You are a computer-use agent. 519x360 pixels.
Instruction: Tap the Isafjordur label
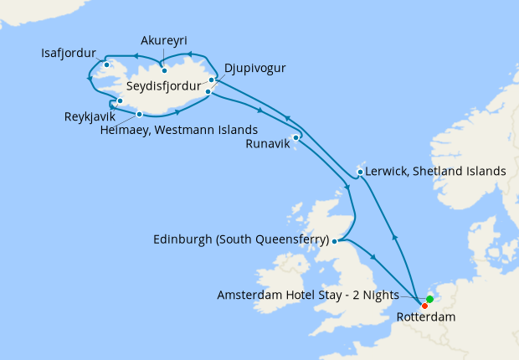[x=68, y=51]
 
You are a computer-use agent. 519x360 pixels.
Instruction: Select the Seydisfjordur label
[x=164, y=85]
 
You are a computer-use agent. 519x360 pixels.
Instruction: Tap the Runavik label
[x=266, y=144]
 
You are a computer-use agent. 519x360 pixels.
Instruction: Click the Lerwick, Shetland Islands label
[x=437, y=171]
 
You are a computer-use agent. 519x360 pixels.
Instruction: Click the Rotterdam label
[x=432, y=318]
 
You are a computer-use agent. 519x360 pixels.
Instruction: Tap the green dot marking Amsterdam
[x=429, y=299]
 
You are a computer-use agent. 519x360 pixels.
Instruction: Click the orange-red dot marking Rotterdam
[x=425, y=306]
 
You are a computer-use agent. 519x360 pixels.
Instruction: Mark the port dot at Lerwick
[x=360, y=172]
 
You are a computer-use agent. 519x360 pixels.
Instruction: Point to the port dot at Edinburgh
[x=334, y=241]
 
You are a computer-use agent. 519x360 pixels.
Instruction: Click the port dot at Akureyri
[x=164, y=70]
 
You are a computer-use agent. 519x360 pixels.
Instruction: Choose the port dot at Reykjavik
[x=121, y=101]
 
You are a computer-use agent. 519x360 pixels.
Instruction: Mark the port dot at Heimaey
[x=139, y=115]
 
